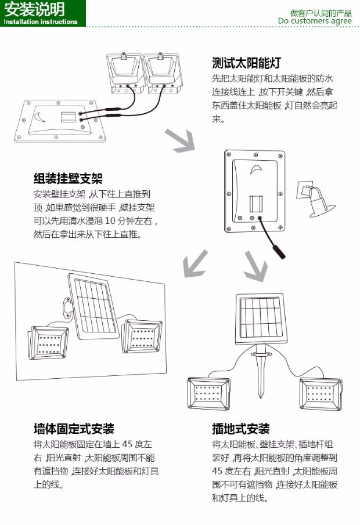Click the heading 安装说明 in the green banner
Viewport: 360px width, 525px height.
click(x=34, y=10)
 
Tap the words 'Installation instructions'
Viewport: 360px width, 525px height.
click(x=40, y=22)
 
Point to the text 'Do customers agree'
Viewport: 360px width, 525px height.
click(x=314, y=21)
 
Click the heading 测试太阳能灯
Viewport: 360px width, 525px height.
click(x=247, y=62)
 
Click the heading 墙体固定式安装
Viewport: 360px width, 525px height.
click(x=74, y=429)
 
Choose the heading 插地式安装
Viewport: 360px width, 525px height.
click(x=241, y=429)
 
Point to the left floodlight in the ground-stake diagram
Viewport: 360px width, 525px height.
click(x=209, y=394)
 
